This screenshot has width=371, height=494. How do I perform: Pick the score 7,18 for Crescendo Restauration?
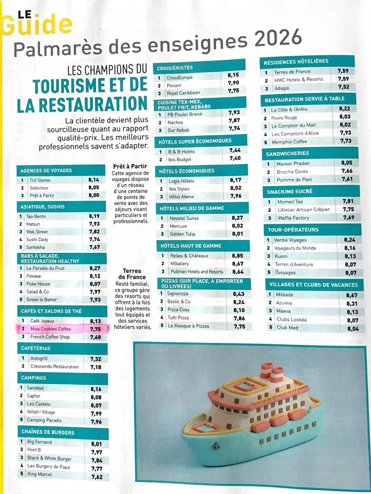point(96,367)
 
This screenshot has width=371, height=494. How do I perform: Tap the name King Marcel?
point(39,475)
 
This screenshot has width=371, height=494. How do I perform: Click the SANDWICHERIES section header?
point(288,153)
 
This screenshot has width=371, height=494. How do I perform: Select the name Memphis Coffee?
point(289,141)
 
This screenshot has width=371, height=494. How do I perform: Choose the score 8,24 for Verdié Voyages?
point(349,240)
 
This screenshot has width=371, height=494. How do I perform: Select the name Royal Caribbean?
point(183,92)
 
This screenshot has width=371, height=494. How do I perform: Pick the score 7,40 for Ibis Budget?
point(235,159)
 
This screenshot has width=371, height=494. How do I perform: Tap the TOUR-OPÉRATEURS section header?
point(293,230)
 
